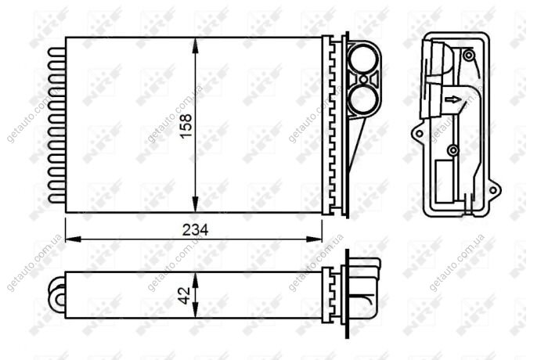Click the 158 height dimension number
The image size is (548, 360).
pos(186,125)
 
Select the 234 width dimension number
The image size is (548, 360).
pos(195,230)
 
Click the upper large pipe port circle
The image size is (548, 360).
pos(363,59)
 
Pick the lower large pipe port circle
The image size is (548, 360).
pos(363,99)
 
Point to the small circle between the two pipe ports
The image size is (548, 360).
pos(363,80)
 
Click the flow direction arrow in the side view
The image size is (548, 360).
pos(453,100)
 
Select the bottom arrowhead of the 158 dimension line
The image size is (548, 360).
pos(195,204)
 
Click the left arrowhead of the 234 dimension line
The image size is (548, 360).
pos(74,239)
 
